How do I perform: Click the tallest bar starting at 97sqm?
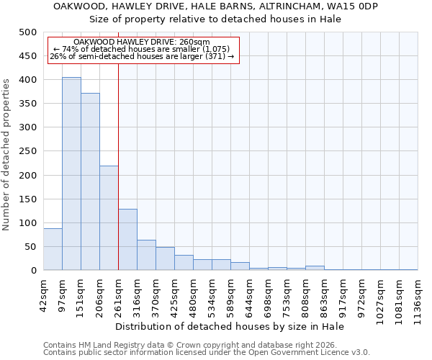click(71, 174)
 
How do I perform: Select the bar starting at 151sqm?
click(90, 181)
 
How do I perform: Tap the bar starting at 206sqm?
click(109, 218)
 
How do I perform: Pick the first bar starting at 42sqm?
click(53, 249)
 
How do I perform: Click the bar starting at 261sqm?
click(127, 240)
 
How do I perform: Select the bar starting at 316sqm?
click(146, 255)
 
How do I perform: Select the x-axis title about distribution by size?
click(230, 326)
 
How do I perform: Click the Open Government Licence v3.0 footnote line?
click(207, 352)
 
